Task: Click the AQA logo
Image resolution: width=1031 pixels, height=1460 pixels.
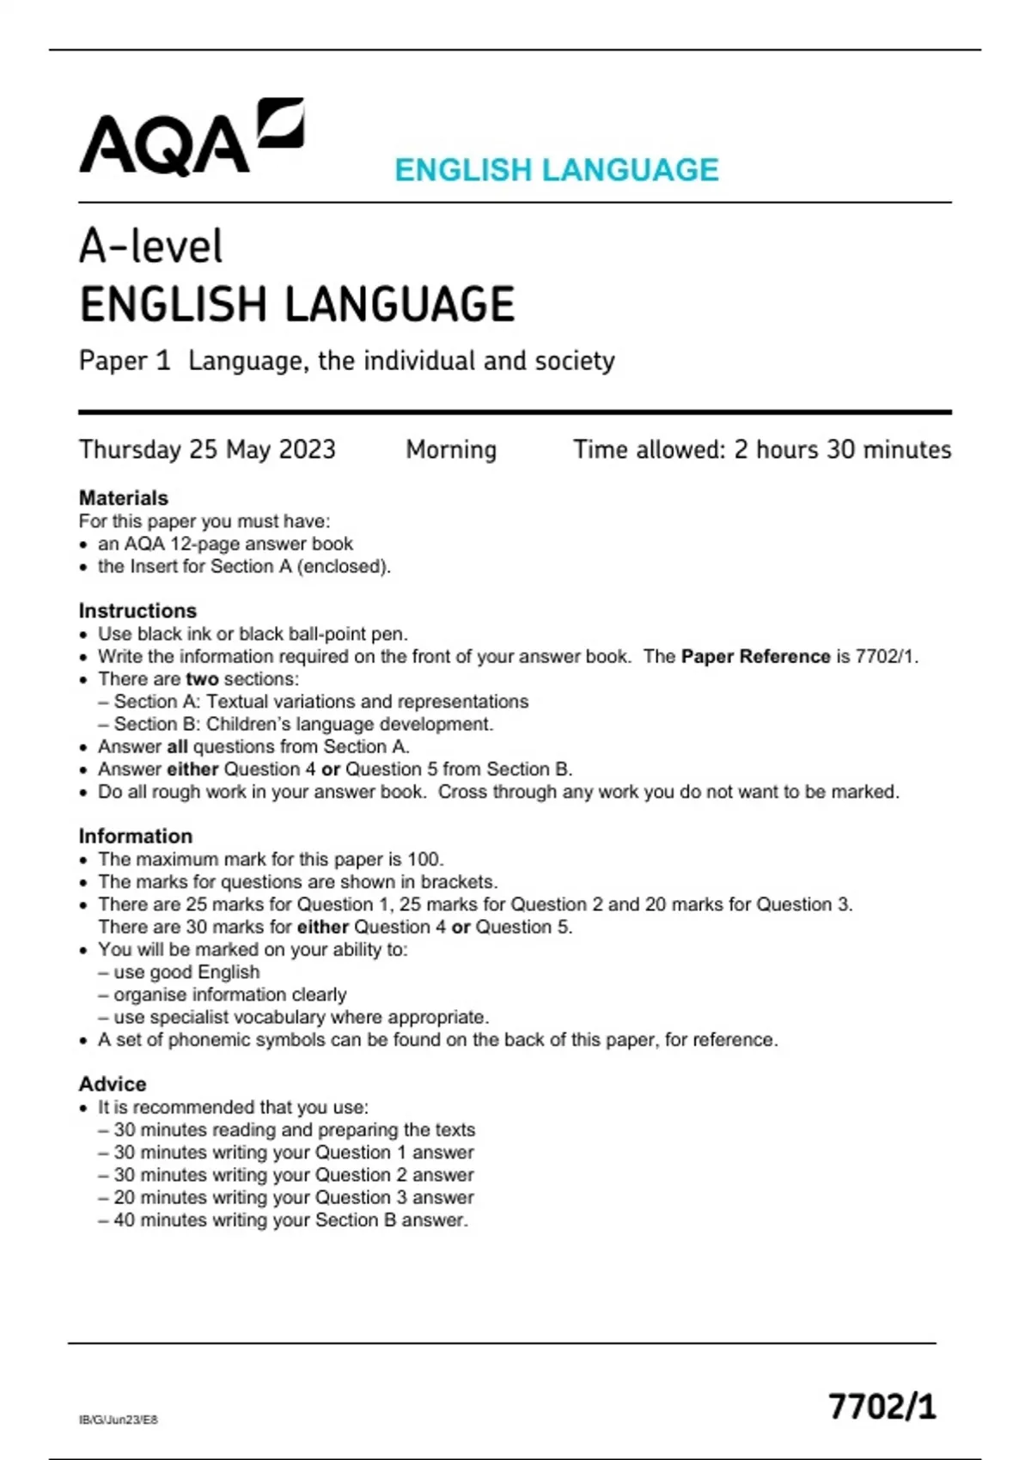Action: tap(191, 139)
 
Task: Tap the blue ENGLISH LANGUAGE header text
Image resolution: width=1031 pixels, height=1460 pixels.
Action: tap(556, 170)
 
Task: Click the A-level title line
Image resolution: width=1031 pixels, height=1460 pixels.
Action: tap(151, 246)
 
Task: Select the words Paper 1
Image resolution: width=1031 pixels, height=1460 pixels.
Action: tap(125, 361)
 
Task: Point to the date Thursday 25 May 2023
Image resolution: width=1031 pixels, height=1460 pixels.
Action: tap(207, 449)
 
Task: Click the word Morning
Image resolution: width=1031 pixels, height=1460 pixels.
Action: tap(451, 449)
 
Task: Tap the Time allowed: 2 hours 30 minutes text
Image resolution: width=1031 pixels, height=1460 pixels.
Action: tap(762, 449)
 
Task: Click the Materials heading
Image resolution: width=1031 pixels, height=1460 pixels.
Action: tap(123, 498)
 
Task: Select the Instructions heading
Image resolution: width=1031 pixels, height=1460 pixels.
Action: tap(137, 611)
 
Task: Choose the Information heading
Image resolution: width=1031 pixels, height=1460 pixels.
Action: tap(136, 836)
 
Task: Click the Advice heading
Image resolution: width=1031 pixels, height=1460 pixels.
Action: tap(113, 1084)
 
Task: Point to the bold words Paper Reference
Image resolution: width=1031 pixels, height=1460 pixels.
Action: tap(755, 656)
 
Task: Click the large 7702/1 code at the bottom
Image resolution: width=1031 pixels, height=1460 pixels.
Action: tap(882, 1407)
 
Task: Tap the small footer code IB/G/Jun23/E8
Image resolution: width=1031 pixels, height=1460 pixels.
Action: tap(119, 1420)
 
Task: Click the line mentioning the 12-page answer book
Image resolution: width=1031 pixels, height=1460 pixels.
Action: tap(225, 544)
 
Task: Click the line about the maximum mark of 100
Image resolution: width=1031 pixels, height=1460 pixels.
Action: tap(271, 859)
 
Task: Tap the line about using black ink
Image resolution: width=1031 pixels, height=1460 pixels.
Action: tap(253, 634)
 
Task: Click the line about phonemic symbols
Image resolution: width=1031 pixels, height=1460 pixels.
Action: tap(437, 1039)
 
